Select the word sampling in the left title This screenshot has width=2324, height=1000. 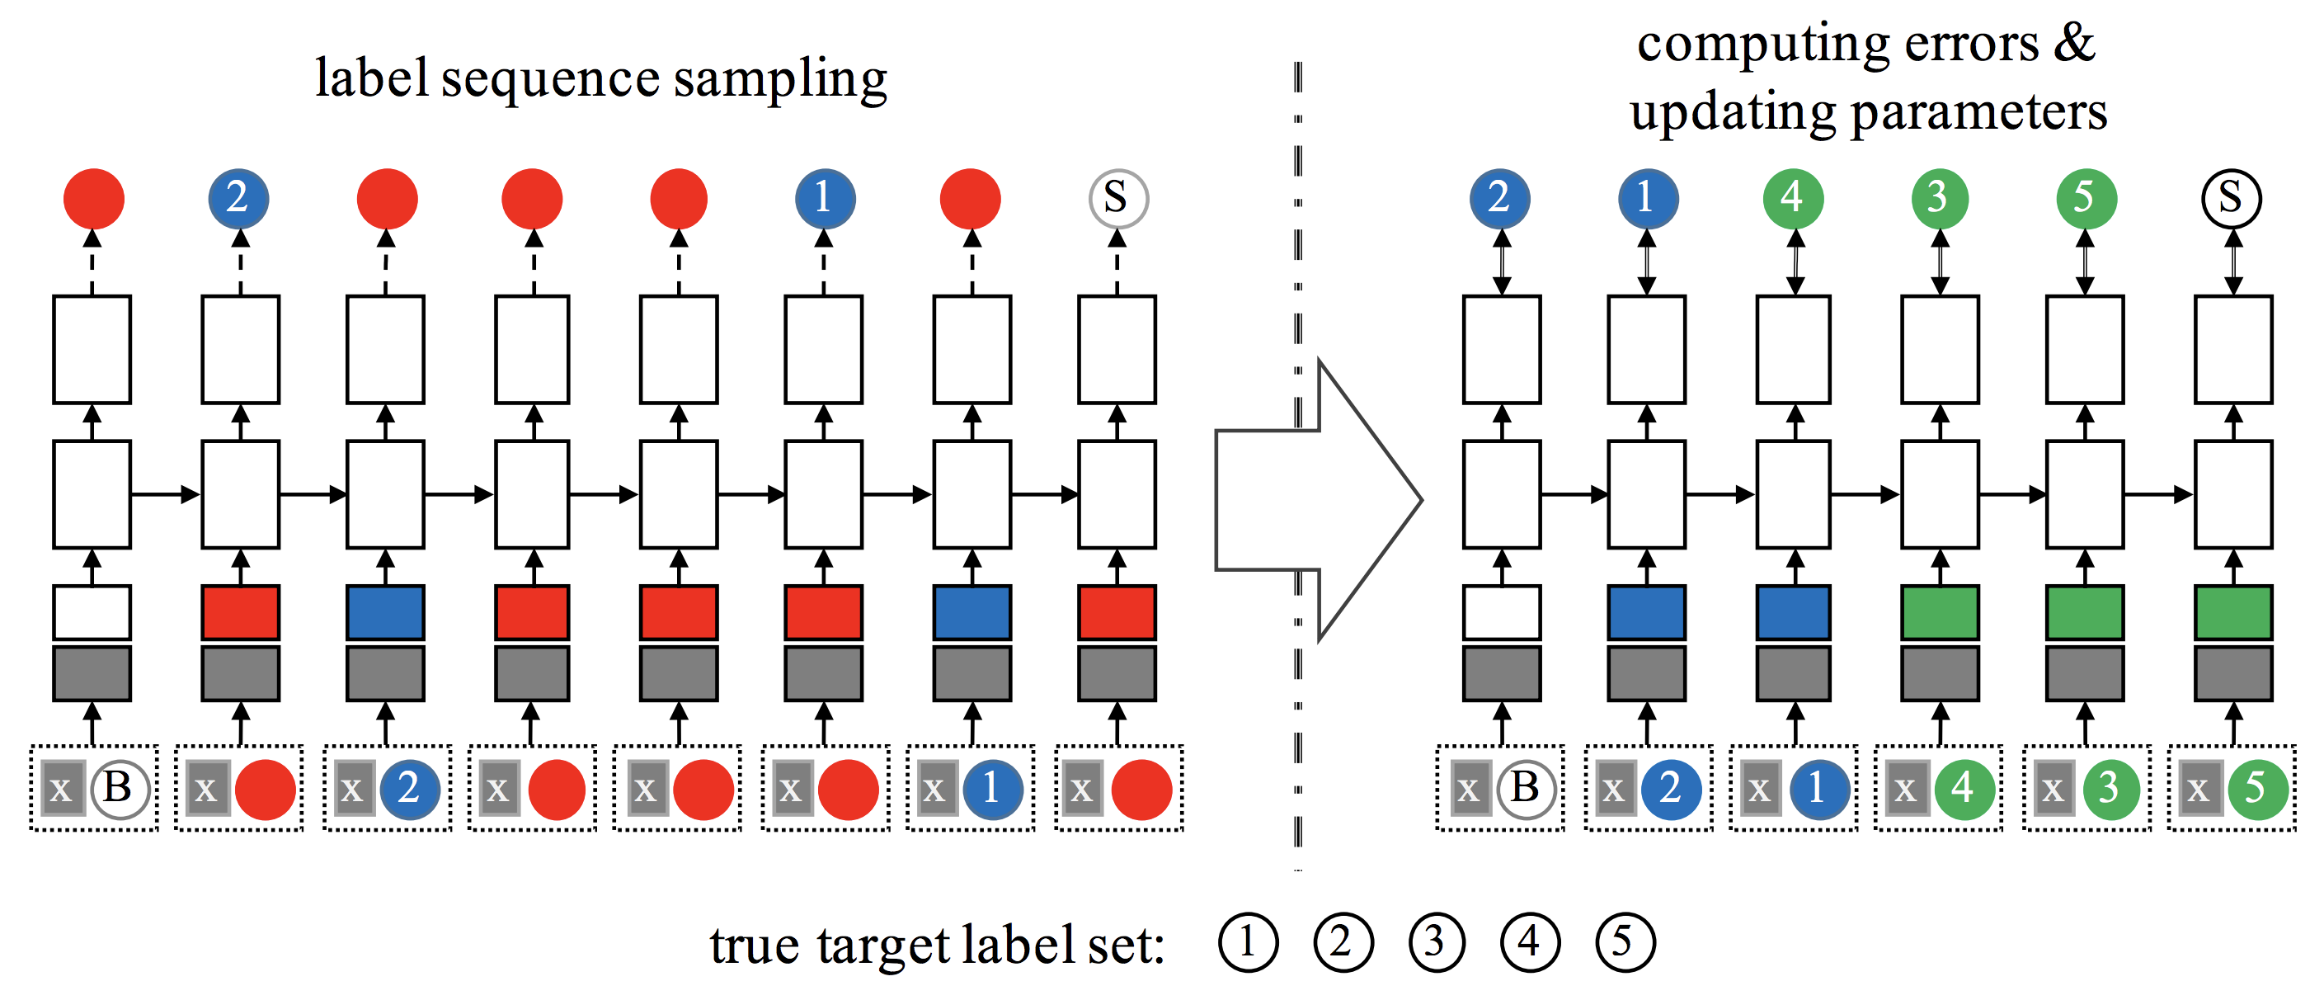click(x=780, y=79)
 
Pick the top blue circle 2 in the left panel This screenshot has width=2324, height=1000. click(x=238, y=198)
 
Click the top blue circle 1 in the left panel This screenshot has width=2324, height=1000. click(x=825, y=198)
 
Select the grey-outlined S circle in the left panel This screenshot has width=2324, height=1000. click(x=1117, y=198)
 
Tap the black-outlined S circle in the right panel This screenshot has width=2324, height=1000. click(x=2231, y=198)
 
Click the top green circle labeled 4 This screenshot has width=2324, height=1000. click(x=1794, y=198)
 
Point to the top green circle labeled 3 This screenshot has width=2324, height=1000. click(x=1940, y=198)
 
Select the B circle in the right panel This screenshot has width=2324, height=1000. click(x=1527, y=789)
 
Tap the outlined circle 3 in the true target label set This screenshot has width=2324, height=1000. click(x=1435, y=942)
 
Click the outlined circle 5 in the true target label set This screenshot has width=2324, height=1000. click(x=1625, y=942)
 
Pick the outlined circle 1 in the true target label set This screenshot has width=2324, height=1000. click(x=1248, y=942)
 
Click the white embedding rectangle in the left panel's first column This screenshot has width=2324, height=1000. click(x=92, y=612)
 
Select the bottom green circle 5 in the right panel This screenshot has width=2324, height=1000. click(x=2258, y=789)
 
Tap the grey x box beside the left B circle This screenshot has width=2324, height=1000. click(x=62, y=789)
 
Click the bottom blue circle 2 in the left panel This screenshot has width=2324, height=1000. click(x=411, y=789)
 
